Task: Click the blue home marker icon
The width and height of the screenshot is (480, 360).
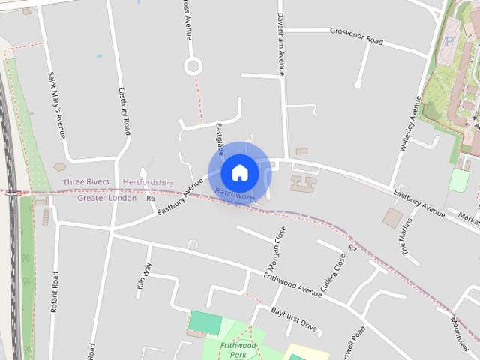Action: [240, 172]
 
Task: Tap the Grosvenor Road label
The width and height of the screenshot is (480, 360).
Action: [356, 36]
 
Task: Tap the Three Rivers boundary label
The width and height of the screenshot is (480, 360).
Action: [85, 182]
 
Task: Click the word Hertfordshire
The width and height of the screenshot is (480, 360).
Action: [148, 182]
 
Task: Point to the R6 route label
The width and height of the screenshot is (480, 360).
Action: [151, 199]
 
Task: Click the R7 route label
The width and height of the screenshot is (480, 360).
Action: [352, 247]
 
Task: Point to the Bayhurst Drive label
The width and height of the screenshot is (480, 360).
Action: [295, 319]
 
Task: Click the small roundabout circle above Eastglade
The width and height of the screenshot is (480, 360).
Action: [193, 66]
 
